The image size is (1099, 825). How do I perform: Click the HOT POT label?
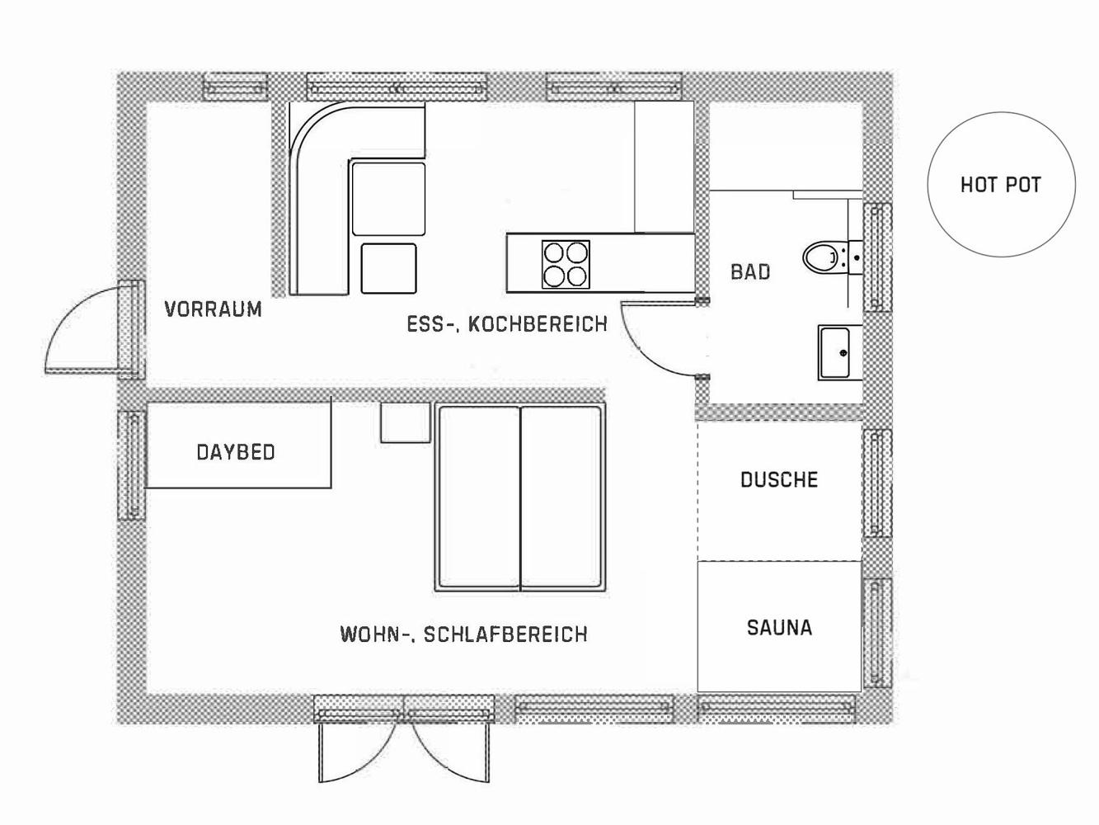(1000, 185)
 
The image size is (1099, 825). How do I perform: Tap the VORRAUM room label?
(214, 309)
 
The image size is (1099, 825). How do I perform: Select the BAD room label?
(750, 272)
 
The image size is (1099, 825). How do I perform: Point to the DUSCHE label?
(779, 479)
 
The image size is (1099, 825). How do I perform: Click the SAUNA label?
(780, 627)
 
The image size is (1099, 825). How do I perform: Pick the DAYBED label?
(236, 452)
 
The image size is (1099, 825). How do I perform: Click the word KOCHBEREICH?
(538, 324)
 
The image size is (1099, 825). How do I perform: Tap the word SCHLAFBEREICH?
(505, 634)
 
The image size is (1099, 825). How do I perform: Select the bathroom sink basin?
(835, 352)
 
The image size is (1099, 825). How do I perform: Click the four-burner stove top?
(566, 265)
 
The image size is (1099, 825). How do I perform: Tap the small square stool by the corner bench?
(388, 268)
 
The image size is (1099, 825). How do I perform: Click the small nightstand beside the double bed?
(406, 422)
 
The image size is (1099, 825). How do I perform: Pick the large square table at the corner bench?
(388, 199)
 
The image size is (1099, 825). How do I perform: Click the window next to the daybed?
(132, 464)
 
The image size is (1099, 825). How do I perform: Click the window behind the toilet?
(877, 257)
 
